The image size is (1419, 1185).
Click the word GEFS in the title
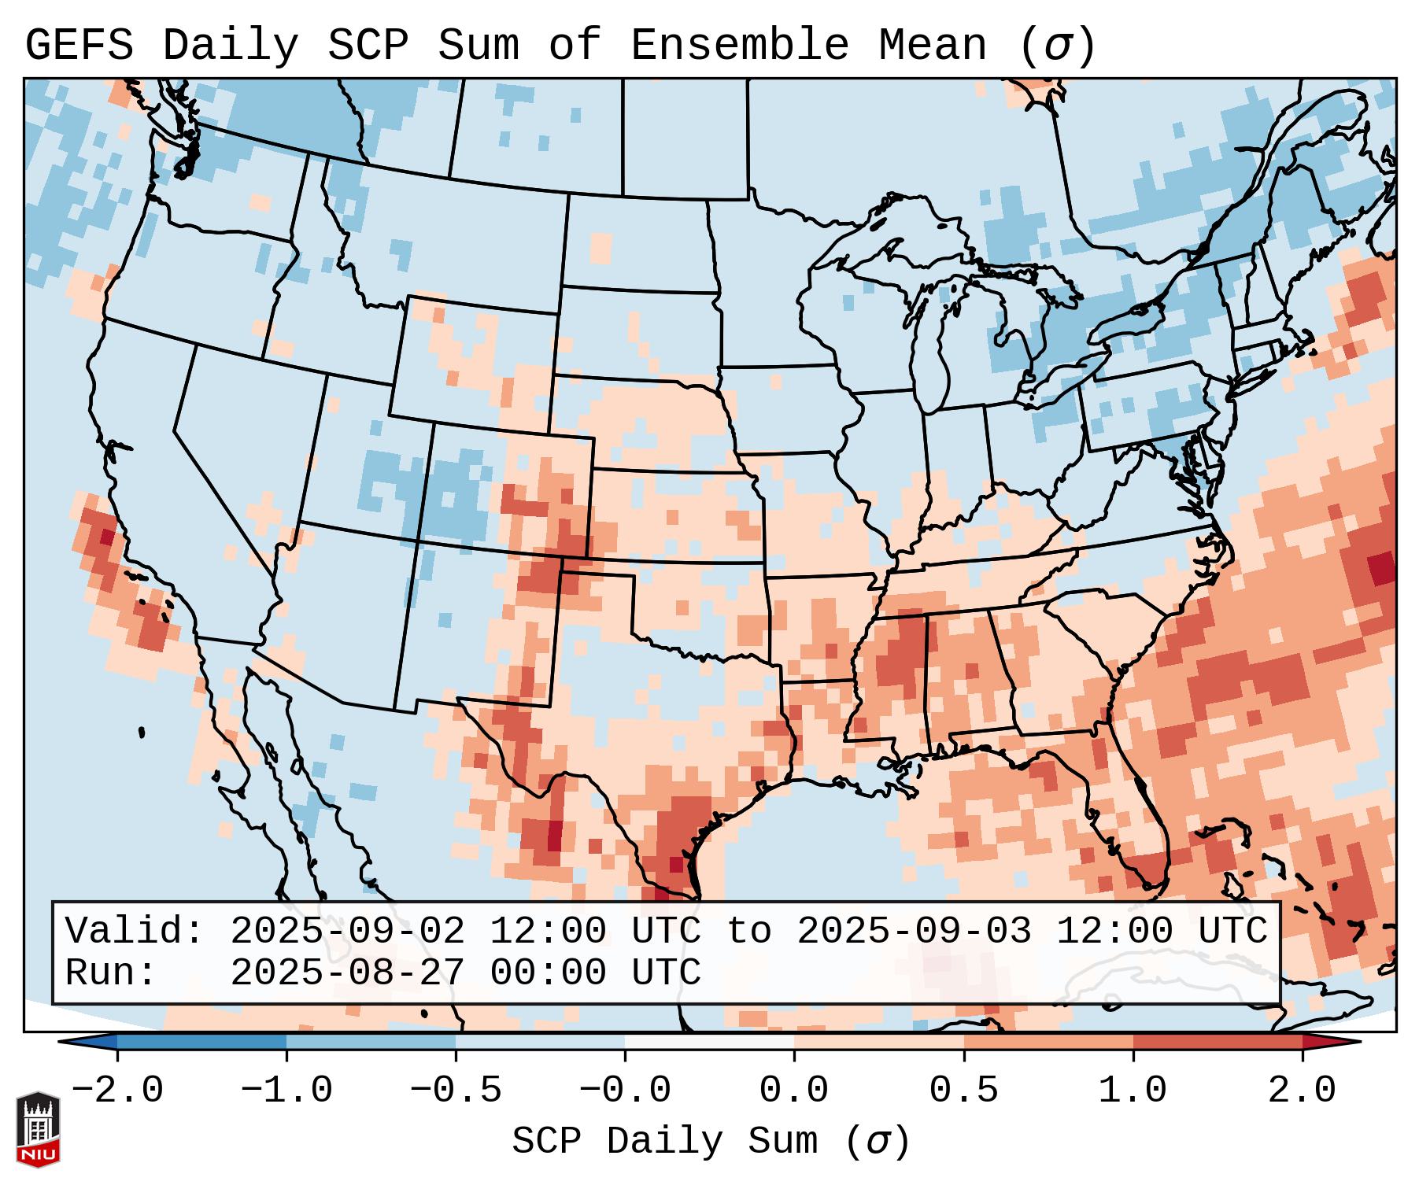(79, 46)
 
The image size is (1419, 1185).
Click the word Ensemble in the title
(739, 46)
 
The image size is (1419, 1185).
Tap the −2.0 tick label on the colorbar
(117, 1091)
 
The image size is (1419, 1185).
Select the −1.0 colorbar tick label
(286, 1091)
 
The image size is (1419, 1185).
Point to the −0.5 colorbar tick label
(456, 1091)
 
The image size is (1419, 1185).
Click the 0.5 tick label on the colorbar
(964, 1091)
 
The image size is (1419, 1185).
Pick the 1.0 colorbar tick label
(1133, 1091)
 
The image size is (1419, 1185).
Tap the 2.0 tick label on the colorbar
(1303, 1091)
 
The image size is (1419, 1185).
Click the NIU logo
(38, 1128)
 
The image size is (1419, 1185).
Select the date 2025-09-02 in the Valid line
(347, 932)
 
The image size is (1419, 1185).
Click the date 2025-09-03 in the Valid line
(914, 932)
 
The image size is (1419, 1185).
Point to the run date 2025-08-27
(347, 973)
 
